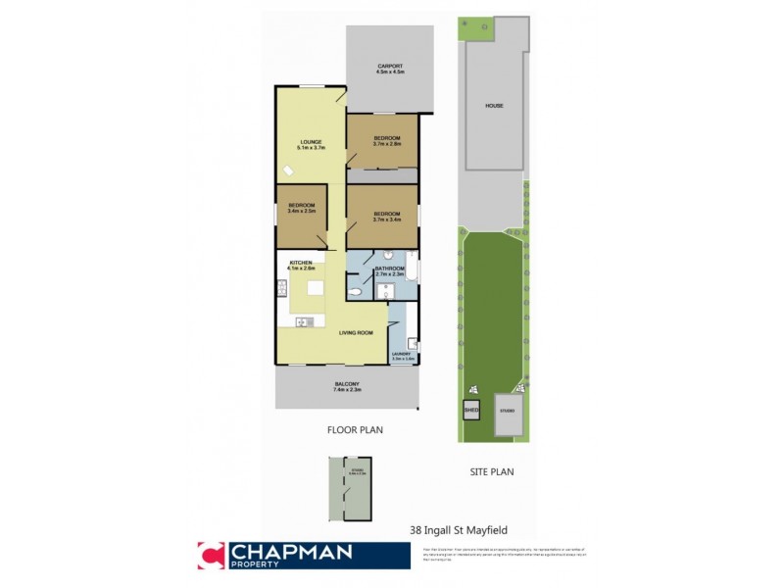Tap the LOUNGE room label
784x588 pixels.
pyautogui.click(x=312, y=145)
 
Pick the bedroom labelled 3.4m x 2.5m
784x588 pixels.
pyautogui.click(x=301, y=208)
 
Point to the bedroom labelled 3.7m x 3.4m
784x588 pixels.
pyautogui.click(x=386, y=216)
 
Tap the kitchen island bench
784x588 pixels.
pyautogui.click(x=316, y=288)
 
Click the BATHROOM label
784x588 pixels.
pyautogui.click(x=390, y=270)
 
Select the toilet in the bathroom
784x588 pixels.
pyautogui.click(x=357, y=292)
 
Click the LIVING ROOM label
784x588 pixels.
pyautogui.click(x=357, y=333)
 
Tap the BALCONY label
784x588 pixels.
pyautogui.click(x=346, y=386)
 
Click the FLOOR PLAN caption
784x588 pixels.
pyautogui.click(x=354, y=429)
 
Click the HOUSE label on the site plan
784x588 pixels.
pyautogui.click(x=494, y=105)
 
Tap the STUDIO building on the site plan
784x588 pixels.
pyautogui.click(x=507, y=412)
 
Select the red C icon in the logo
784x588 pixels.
pyautogui.click(x=211, y=555)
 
